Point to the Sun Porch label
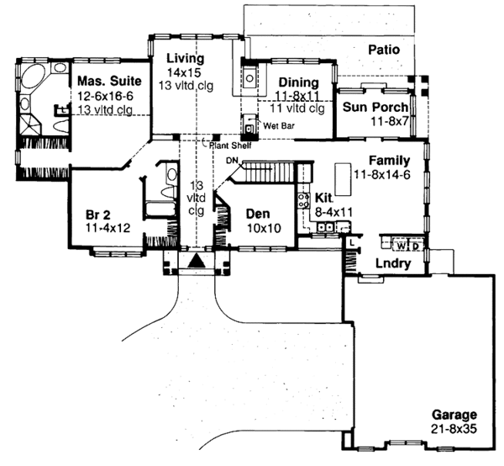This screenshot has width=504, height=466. pyautogui.click(x=375, y=108)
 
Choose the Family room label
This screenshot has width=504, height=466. pyautogui.click(x=387, y=161)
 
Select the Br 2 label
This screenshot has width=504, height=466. pyautogui.click(x=100, y=212)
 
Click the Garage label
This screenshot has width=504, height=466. pyautogui.click(x=454, y=415)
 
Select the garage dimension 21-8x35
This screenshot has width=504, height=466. pyautogui.click(x=454, y=429)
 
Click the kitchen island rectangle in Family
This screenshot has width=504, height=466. pyautogui.click(x=343, y=177)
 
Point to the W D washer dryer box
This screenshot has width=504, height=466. pyautogui.click(x=407, y=246)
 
